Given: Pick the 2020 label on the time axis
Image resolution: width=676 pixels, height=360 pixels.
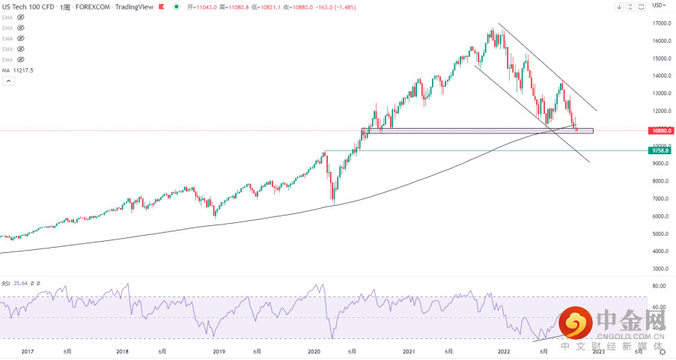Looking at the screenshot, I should click(x=314, y=351).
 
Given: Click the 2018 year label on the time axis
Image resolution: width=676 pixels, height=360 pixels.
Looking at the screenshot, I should click(x=123, y=351).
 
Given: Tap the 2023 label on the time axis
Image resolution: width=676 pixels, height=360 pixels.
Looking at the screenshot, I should click(x=598, y=351).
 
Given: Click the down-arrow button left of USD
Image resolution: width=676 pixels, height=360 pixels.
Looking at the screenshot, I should click(x=619, y=7).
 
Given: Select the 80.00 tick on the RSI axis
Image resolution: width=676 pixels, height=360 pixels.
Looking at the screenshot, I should click(x=660, y=286).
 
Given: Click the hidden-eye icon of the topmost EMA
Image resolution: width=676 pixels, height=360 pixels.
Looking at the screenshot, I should click(x=21, y=16).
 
